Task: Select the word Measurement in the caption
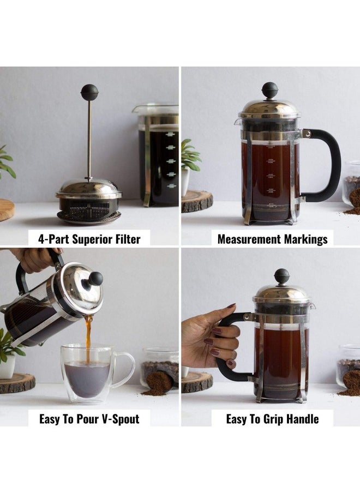(249, 239)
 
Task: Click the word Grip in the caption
(272, 419)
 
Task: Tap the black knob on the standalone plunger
(89, 92)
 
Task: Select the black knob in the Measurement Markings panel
(269, 89)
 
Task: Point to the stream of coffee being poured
(88, 338)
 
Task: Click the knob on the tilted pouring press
(95, 279)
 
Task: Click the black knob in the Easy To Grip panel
(281, 276)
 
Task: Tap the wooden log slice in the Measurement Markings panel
(197, 201)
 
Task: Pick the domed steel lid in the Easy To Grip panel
(281, 293)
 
